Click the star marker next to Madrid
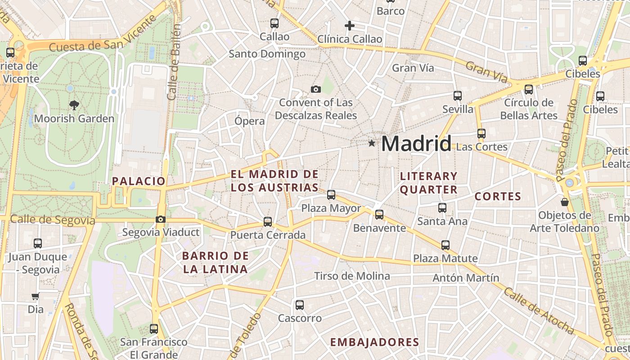pos(372,144)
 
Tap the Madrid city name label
pos(416,144)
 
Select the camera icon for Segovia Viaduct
pos(160,220)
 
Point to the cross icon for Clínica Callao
pos(350,26)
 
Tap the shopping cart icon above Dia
pos(36,297)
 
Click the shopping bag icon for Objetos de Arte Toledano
pos(564,202)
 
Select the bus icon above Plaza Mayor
pos(331,195)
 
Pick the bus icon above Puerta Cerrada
pos(268,222)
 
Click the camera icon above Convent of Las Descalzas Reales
pos(316,90)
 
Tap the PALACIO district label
pos(139,181)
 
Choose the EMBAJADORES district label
pos(374,342)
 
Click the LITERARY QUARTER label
pos(428,183)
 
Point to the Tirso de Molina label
pos(352,276)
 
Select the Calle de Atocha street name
pos(539,312)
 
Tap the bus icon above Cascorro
pos(300,305)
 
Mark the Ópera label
pos(250,121)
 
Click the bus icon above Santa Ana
pos(442,208)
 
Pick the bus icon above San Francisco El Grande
pos(154,329)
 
